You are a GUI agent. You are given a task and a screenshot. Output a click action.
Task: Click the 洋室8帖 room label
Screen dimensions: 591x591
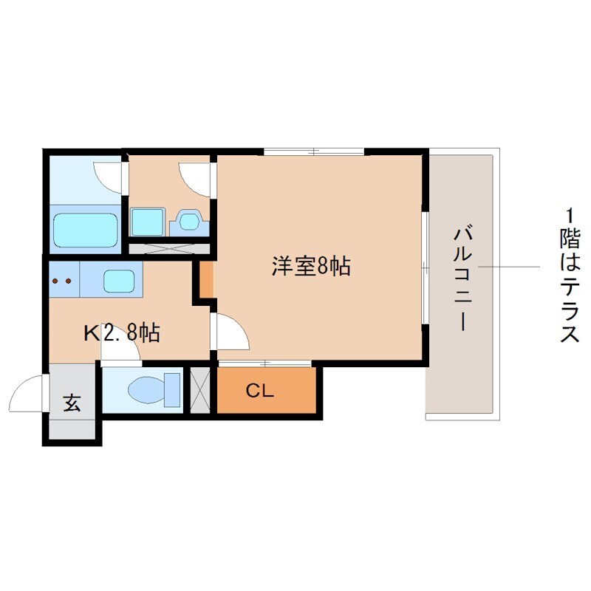[x=310, y=267]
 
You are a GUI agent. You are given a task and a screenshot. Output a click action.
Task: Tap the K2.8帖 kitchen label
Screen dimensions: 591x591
[x=122, y=333]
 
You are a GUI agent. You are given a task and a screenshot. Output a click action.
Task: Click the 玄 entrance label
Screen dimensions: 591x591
[x=72, y=403]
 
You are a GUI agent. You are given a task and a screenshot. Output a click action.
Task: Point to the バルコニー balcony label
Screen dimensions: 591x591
[x=463, y=279]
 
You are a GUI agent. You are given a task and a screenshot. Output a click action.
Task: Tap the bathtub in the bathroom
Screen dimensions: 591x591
[x=86, y=230]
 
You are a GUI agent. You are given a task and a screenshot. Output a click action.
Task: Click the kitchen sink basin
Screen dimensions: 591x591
[x=119, y=281]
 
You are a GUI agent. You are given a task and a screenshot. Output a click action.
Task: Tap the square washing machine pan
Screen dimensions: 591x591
[x=148, y=221]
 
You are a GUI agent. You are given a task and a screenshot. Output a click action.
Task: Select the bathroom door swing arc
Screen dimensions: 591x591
[x=108, y=174]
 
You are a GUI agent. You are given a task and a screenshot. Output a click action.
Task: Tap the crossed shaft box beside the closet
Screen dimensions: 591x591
[x=200, y=389]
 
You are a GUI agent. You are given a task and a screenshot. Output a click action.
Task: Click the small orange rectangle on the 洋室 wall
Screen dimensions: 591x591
[x=207, y=279]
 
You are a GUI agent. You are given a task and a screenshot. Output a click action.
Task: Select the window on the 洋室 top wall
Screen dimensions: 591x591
[x=314, y=152]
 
